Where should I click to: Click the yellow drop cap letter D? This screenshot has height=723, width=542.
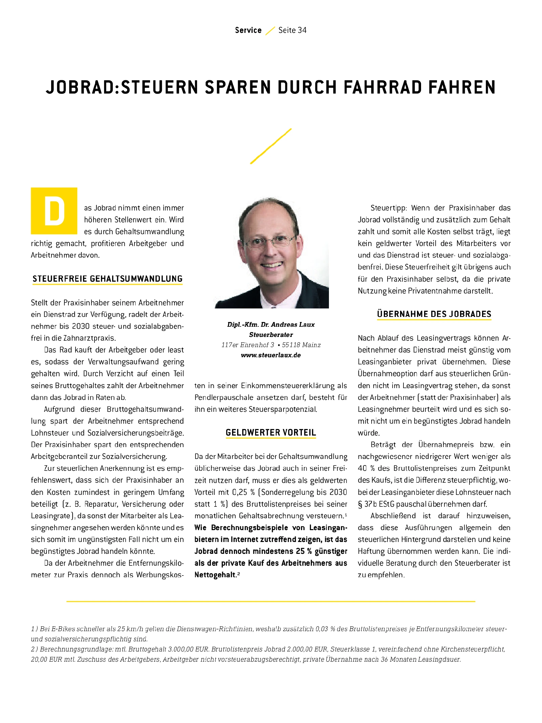tap(54, 211)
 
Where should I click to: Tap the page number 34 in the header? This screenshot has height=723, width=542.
tap(302, 30)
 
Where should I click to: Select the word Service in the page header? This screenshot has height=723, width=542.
tap(248, 30)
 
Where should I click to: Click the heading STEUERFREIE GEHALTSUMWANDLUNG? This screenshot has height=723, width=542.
tap(107, 279)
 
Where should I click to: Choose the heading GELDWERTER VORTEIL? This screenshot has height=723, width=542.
tap(271, 433)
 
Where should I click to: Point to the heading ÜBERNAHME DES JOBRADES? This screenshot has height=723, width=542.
tap(434, 314)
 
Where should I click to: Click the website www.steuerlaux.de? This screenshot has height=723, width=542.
tap(271, 355)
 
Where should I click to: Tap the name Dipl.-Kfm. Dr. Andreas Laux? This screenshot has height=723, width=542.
tap(271, 325)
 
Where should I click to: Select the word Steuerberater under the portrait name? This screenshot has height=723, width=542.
tap(271, 335)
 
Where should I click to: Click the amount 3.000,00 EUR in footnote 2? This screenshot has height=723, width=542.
tap(190, 649)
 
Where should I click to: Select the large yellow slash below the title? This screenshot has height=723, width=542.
tap(271, 146)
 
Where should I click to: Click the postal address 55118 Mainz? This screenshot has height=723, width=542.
tap(301, 345)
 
